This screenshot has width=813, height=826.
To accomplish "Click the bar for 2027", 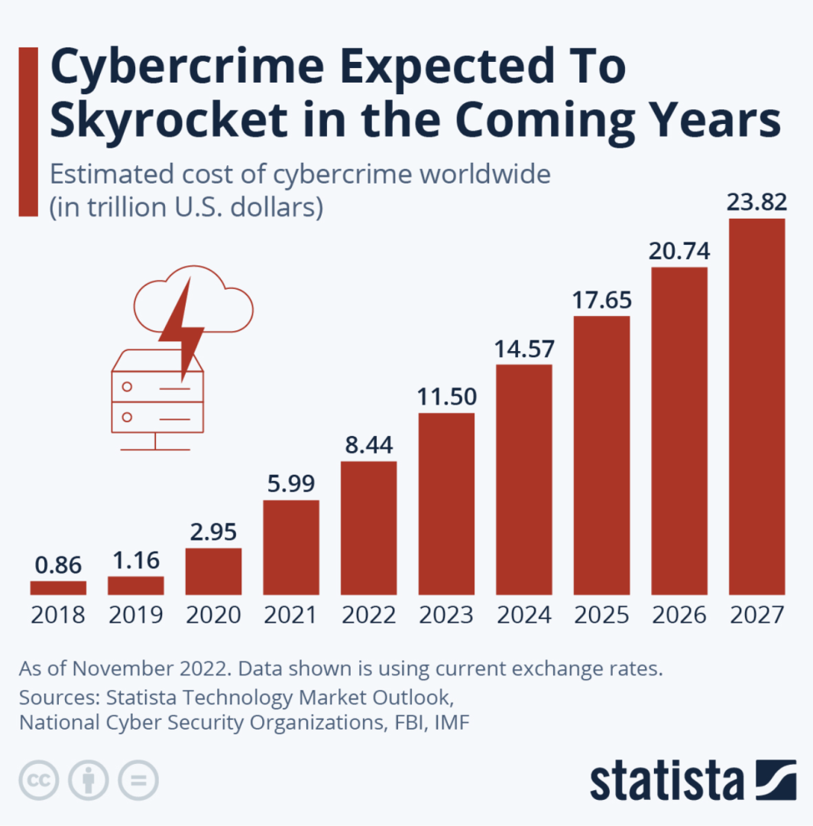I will [756, 406].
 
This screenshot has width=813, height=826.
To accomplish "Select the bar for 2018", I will [58, 587].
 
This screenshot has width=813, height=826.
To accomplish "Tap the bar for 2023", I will [446, 503].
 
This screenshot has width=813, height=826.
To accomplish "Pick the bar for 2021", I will [291, 547].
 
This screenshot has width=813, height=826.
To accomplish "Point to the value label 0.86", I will [58, 566].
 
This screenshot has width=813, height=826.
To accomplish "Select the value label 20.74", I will [679, 251].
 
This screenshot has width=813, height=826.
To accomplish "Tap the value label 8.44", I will [369, 445].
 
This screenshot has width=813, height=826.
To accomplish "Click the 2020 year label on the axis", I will [213, 615].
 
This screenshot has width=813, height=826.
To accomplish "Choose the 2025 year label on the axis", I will [601, 615].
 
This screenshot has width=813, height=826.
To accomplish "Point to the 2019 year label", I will [135, 615].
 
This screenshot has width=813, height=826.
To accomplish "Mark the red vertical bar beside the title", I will [28, 132].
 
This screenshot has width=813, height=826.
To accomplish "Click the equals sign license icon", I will [138, 781].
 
